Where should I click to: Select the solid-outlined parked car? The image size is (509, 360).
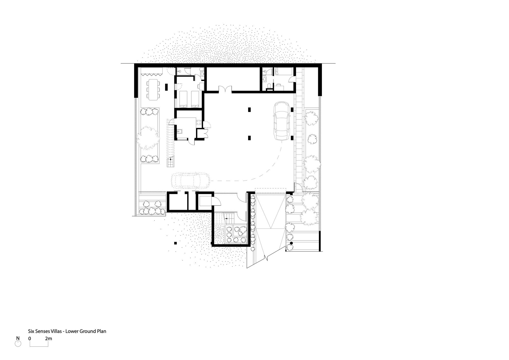282,121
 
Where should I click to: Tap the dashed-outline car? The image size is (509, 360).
190,181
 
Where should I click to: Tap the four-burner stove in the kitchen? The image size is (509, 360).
199,122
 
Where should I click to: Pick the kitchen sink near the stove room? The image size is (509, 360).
179,131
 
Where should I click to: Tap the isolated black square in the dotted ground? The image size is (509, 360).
175,243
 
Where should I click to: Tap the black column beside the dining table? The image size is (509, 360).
166,87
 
